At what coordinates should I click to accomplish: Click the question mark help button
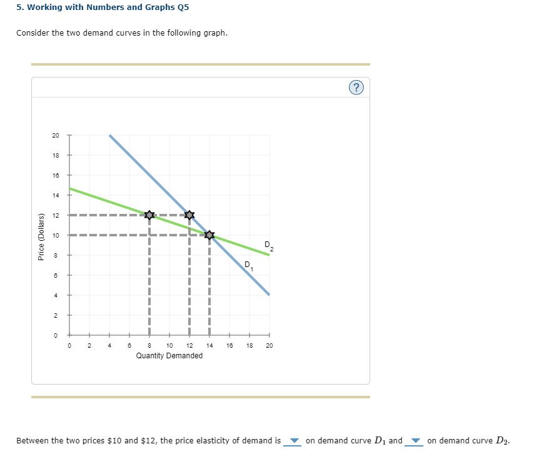(x=356, y=88)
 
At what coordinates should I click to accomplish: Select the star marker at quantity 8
(x=149, y=215)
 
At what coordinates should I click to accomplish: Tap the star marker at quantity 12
(x=189, y=215)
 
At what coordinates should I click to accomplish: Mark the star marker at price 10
(x=209, y=235)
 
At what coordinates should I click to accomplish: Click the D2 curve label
(x=268, y=245)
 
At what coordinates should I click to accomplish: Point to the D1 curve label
(x=248, y=266)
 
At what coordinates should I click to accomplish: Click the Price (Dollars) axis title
(x=41, y=236)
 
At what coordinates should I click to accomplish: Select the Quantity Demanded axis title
(x=169, y=356)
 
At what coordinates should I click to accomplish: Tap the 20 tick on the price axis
(x=56, y=135)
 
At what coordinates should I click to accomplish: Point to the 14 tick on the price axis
(x=56, y=195)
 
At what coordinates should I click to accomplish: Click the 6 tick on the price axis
(x=56, y=275)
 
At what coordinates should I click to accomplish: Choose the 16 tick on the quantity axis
(x=229, y=345)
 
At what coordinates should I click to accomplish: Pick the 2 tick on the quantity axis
(x=89, y=345)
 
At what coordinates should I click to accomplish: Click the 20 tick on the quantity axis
(x=269, y=345)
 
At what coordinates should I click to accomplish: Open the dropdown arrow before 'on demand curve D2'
(x=416, y=441)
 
